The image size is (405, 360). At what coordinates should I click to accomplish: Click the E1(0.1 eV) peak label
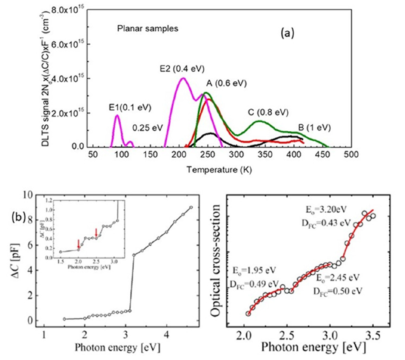130,108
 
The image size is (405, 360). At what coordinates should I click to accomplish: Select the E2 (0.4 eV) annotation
182,69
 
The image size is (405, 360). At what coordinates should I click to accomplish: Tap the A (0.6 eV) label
226,83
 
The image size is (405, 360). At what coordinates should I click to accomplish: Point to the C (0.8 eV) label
268,112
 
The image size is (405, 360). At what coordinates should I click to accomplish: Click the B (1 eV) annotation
314,128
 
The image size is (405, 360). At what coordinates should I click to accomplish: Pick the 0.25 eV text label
148,128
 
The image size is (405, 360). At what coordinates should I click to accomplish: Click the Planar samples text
148,29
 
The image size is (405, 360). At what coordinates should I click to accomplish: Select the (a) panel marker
287,34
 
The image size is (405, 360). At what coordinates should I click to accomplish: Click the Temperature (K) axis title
219,170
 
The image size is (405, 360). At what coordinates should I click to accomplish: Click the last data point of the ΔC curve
191,207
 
